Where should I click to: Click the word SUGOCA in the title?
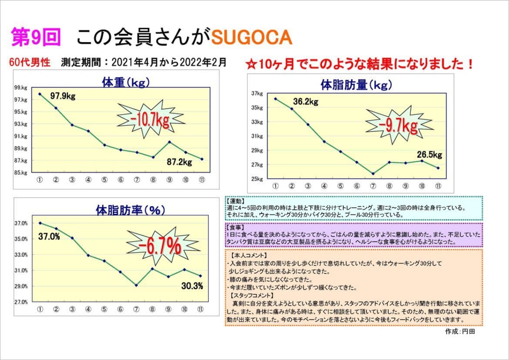point(251,38)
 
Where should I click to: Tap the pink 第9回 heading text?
point(36,38)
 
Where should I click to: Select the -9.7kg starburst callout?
point(398,127)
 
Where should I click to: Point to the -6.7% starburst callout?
point(160,246)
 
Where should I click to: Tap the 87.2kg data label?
point(179,162)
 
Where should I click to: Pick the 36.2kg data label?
point(305,102)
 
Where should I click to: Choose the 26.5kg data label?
point(429,154)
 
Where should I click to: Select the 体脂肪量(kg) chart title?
point(356,85)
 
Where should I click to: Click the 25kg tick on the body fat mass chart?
point(257,179)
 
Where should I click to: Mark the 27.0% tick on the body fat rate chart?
point(22,302)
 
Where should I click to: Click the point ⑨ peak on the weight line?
point(169,142)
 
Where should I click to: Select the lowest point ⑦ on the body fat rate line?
point(137,285)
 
